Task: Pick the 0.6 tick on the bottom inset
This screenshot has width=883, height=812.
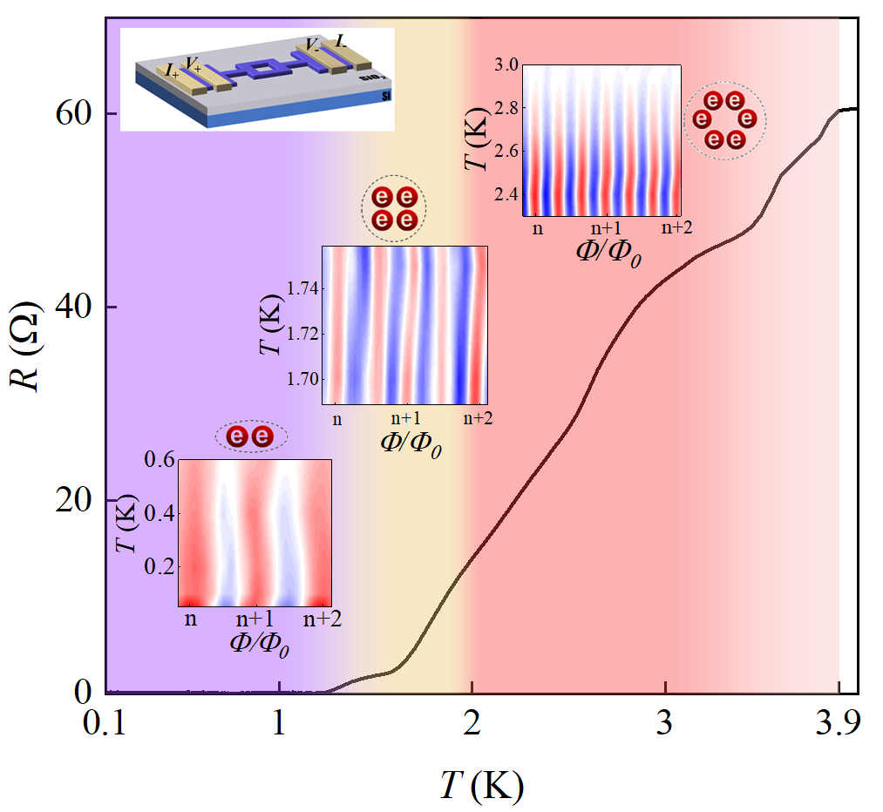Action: pos(158,460)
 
